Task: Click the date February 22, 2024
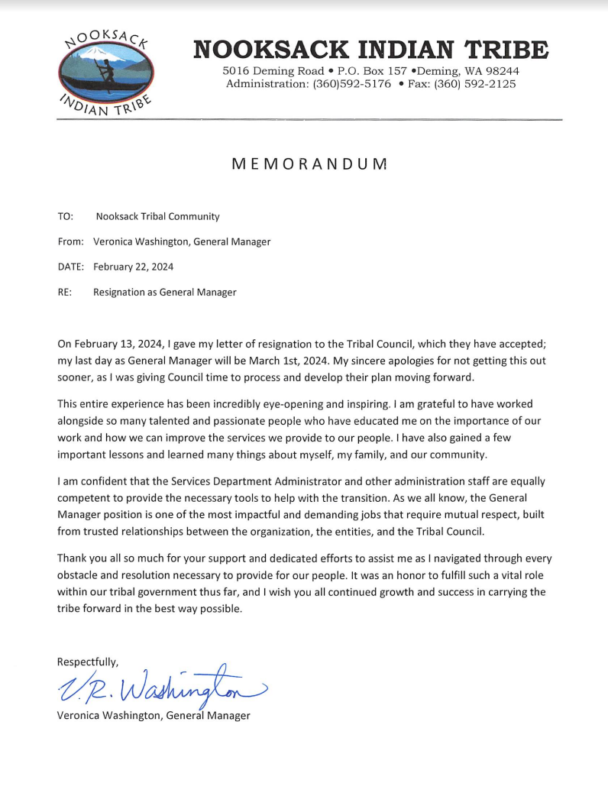tap(133, 267)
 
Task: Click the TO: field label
tap(65, 216)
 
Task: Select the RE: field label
tap(65, 292)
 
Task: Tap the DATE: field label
tap(70, 267)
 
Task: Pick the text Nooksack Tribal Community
tap(157, 216)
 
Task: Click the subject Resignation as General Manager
tap(164, 292)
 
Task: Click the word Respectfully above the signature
tap(88, 662)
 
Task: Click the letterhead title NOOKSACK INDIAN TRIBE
tap(370, 50)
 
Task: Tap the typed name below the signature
tap(154, 716)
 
